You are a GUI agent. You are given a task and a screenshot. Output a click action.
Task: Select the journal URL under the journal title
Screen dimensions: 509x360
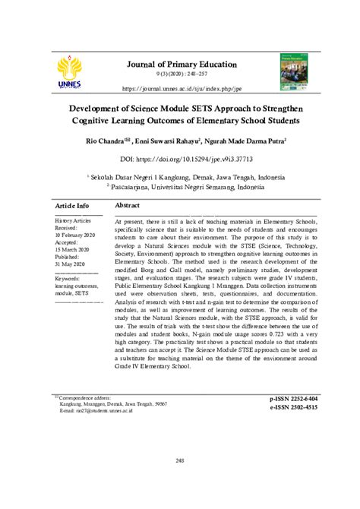pos(180,87)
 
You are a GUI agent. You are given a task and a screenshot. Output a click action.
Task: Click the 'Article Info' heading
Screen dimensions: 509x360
pos(72,206)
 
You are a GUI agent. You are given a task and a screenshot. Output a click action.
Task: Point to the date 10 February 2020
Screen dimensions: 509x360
pos(75,234)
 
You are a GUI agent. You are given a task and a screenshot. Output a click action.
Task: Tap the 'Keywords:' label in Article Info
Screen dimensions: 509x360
pos(68,280)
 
